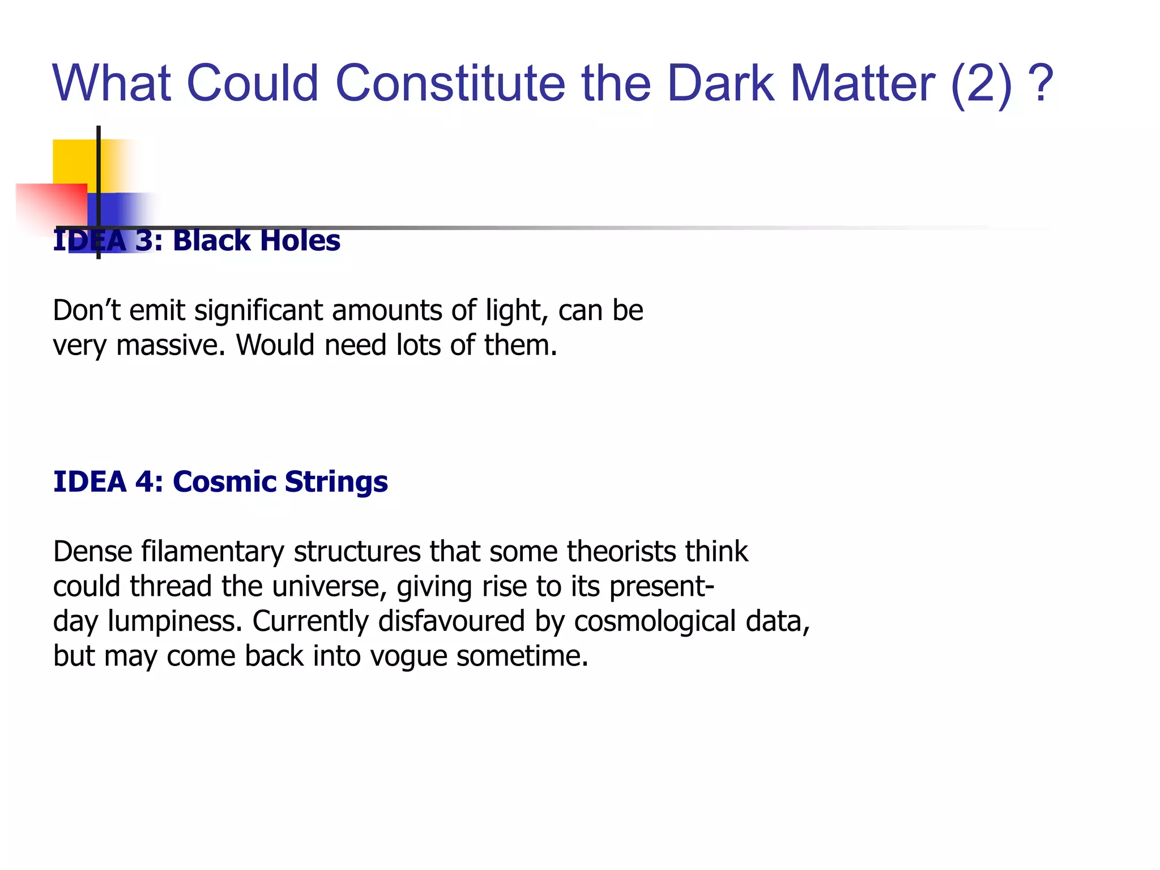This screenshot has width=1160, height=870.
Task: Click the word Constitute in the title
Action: [x=450, y=83]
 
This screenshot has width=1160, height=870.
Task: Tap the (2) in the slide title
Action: [x=981, y=83]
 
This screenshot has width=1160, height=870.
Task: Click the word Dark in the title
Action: [x=720, y=83]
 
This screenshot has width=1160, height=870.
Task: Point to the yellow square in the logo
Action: [x=74, y=161]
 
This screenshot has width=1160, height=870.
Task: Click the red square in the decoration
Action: [x=51, y=207]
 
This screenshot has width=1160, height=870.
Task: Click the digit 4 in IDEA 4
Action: [x=144, y=482]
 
